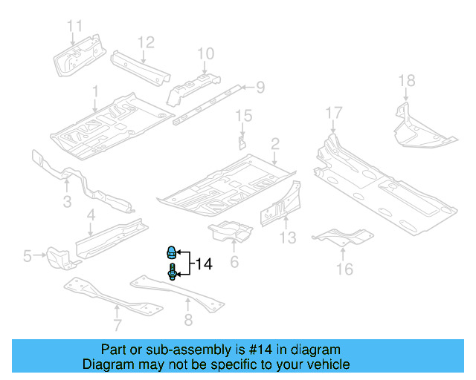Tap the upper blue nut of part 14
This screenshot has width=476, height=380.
click(171, 252)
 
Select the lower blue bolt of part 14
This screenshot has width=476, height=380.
click(172, 273)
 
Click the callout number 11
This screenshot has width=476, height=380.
click(75, 27)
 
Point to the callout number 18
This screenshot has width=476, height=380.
click(406, 80)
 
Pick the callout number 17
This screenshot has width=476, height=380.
click(334, 113)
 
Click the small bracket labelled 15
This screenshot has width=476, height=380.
click(241, 140)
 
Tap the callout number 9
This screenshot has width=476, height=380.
click(260, 88)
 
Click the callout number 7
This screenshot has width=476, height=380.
click(117, 324)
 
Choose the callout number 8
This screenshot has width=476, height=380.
click(188, 321)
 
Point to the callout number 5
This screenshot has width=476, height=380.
click(28, 257)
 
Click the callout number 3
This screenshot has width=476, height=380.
click(67, 202)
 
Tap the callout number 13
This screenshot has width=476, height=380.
click(288, 237)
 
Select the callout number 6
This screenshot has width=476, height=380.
click(234, 261)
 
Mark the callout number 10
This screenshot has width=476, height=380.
click(205, 53)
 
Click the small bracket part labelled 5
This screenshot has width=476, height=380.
click(58, 257)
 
